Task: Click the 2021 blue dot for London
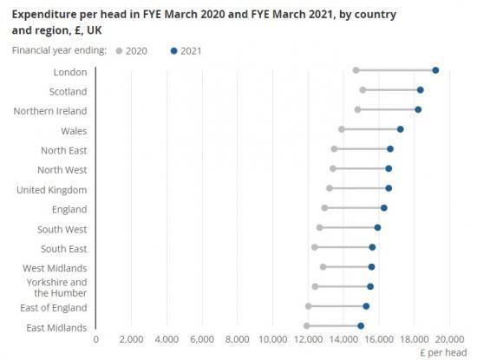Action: tap(435, 70)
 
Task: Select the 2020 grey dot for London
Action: tap(356, 70)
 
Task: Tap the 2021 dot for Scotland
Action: tap(421, 90)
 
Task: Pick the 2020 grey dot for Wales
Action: tap(342, 129)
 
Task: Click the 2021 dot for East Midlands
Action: tap(361, 326)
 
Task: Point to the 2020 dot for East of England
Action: tap(309, 306)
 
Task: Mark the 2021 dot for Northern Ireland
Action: tap(418, 109)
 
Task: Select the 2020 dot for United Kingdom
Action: tap(330, 188)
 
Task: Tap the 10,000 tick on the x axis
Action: tap(273, 340)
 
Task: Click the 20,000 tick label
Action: tap(450, 340)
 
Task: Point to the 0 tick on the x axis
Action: tap(95, 340)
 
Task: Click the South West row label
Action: tap(62, 229)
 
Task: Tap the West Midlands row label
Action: tap(55, 268)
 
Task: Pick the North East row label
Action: tap(63, 150)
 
